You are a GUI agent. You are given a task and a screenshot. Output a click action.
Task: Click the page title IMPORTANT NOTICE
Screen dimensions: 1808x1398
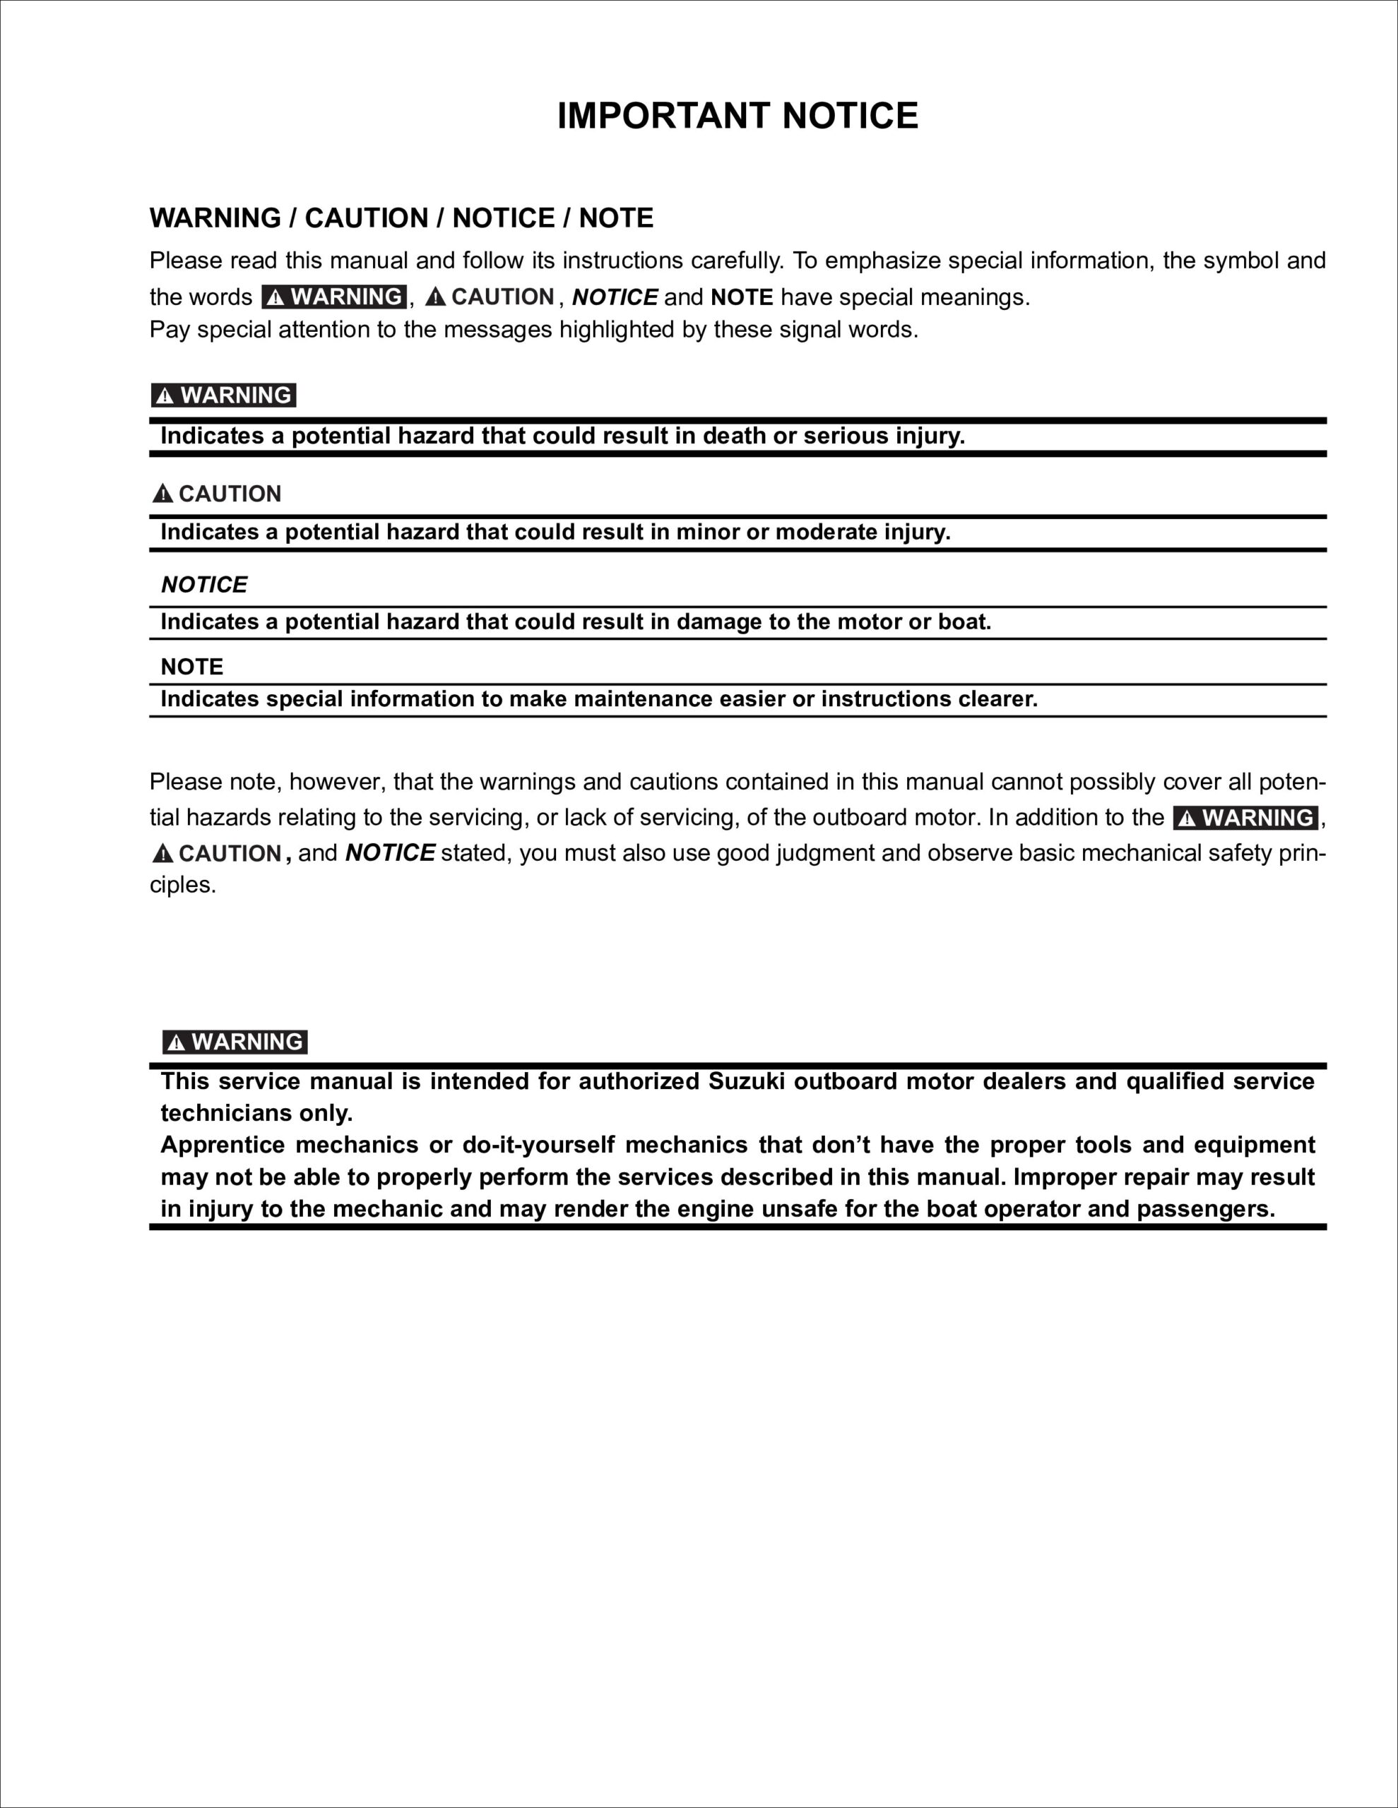pyautogui.click(x=737, y=116)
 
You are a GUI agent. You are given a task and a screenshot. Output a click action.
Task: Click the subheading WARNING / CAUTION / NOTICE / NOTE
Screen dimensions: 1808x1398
pyautogui.click(x=401, y=218)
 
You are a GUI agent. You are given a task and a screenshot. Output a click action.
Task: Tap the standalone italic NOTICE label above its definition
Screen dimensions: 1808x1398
pyautogui.click(x=203, y=585)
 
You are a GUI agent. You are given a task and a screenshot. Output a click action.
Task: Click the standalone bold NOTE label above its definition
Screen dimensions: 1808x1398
pyautogui.click(x=191, y=667)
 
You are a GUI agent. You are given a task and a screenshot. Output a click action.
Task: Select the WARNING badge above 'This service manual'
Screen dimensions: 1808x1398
pyautogui.click(x=235, y=1042)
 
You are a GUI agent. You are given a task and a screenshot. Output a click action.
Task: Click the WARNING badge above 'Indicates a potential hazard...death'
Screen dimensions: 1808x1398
pyautogui.click(x=224, y=395)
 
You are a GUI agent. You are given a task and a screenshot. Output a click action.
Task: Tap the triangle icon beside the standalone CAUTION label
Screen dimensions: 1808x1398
pyautogui.click(x=162, y=494)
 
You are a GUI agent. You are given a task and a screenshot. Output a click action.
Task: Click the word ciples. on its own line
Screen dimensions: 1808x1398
pyautogui.click(x=182, y=886)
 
